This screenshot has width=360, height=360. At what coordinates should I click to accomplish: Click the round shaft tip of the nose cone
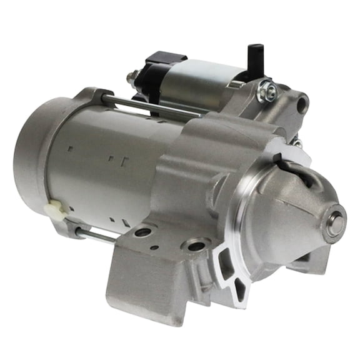(x=335, y=223)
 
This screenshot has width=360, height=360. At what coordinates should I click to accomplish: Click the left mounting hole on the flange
(x=142, y=233)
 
